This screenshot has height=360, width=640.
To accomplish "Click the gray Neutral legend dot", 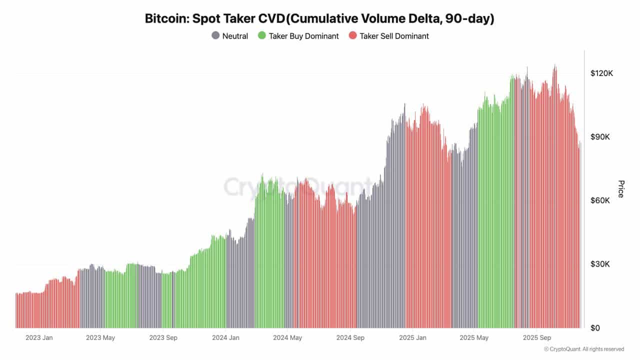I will pyautogui.click(x=215, y=35).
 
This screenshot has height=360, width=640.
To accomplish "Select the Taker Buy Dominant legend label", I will pyautogui.click(x=303, y=36).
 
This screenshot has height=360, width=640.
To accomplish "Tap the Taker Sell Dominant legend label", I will pyautogui.click(x=394, y=36).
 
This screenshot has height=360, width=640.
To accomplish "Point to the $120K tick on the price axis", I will pyautogui.click(x=601, y=73).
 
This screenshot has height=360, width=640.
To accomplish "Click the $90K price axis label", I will pyautogui.click(x=601, y=137).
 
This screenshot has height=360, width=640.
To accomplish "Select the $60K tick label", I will pyautogui.click(x=601, y=200).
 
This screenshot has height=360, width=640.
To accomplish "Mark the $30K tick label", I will pyautogui.click(x=601, y=264).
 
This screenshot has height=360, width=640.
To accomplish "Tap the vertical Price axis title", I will pyautogui.click(x=621, y=189).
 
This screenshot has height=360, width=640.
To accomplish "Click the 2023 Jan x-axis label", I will pyautogui.click(x=39, y=337).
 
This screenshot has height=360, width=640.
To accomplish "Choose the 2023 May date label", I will pyautogui.click(x=100, y=337).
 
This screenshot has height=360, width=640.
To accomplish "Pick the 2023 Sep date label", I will pyautogui.click(x=163, y=337).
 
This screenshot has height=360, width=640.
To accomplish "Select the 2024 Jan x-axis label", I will pyautogui.click(x=225, y=337).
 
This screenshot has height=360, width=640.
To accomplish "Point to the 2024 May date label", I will pyautogui.click(x=287, y=337).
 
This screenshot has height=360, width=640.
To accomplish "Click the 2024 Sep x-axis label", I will pyautogui.click(x=350, y=337).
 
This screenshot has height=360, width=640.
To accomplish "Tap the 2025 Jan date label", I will pyautogui.click(x=413, y=337).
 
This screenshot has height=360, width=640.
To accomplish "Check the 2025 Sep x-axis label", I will pyautogui.click(x=536, y=337).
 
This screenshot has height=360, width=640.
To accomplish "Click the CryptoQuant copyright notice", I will pyautogui.click(x=583, y=349).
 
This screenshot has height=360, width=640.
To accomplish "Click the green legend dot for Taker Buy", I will pyautogui.click(x=261, y=35).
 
